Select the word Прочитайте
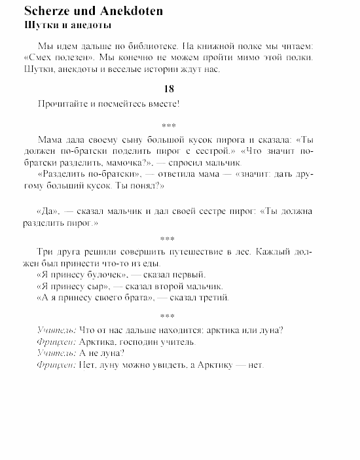63,103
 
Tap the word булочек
102,275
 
